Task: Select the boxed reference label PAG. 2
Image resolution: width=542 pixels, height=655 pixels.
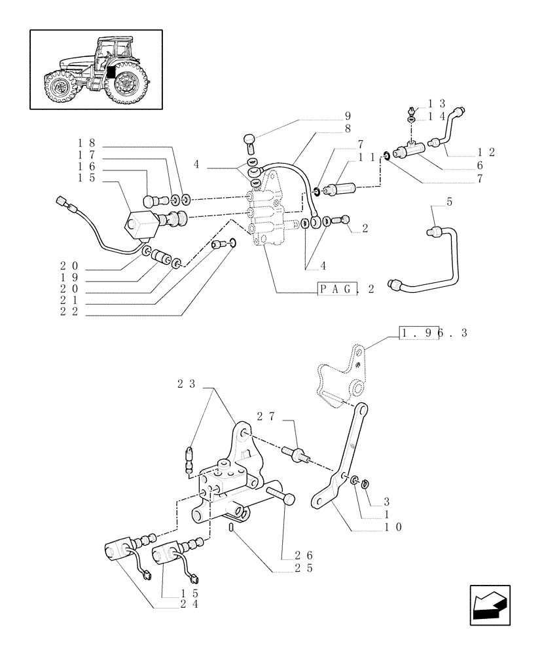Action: pos(346,290)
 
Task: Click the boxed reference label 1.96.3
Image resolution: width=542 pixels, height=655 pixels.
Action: pos(433,333)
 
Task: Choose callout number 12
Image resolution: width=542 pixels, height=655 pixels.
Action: pos(485,152)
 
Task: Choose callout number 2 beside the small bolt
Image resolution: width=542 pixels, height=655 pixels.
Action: pos(365,229)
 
